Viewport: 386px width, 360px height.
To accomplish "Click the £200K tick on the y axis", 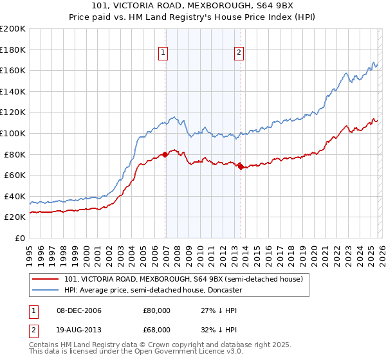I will tap(13, 29).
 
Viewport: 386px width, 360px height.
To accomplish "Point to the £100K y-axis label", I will tap(13, 133).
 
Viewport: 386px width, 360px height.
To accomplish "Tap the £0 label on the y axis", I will tap(19, 238).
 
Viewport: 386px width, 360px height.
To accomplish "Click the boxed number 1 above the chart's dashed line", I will tap(163, 53).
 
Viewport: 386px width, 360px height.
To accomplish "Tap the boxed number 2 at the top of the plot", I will tap(239, 53).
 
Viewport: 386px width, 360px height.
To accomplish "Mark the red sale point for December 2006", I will tap(165, 154).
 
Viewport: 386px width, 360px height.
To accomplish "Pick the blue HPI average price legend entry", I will tap(152, 290).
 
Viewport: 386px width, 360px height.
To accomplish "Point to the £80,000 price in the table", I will tap(156, 310).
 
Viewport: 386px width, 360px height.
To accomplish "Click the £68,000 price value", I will tap(156, 329).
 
